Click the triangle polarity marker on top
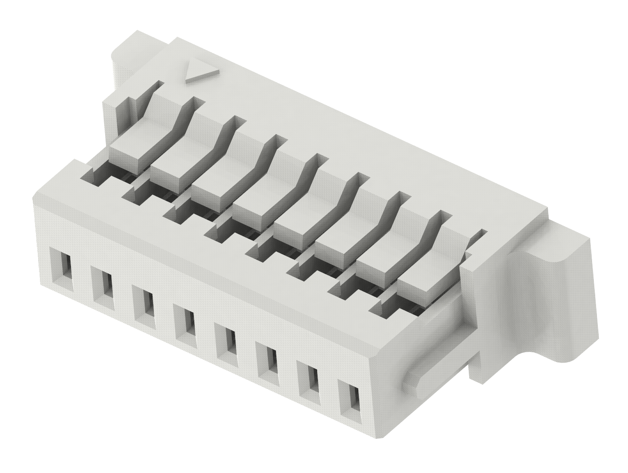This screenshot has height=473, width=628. click(202, 71)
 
